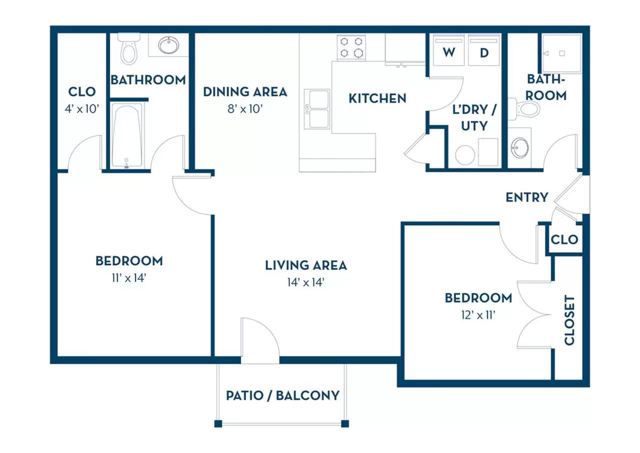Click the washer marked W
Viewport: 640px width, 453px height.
coord(448,50)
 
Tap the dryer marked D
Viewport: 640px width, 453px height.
coord(484,50)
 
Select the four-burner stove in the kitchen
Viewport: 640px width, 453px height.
coord(351,48)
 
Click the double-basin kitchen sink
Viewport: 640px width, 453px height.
coord(317,109)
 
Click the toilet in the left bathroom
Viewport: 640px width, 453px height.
coord(129,49)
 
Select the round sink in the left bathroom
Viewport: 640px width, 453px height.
coord(168,45)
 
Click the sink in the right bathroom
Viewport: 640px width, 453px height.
coord(520,148)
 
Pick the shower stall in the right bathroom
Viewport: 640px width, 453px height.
coord(562,54)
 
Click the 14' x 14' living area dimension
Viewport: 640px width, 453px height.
coord(306,283)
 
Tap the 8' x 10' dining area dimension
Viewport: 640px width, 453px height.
coord(245,109)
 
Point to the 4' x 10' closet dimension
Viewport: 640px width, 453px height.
coord(82,109)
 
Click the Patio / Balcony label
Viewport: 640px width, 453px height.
coord(283,396)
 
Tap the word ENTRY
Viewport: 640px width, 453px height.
coord(527,197)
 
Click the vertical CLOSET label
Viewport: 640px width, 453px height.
coord(569,320)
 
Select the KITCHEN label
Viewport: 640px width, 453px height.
coord(377,99)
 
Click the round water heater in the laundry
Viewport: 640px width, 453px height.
coord(465,155)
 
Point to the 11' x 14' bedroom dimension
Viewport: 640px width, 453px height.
coord(129,278)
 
